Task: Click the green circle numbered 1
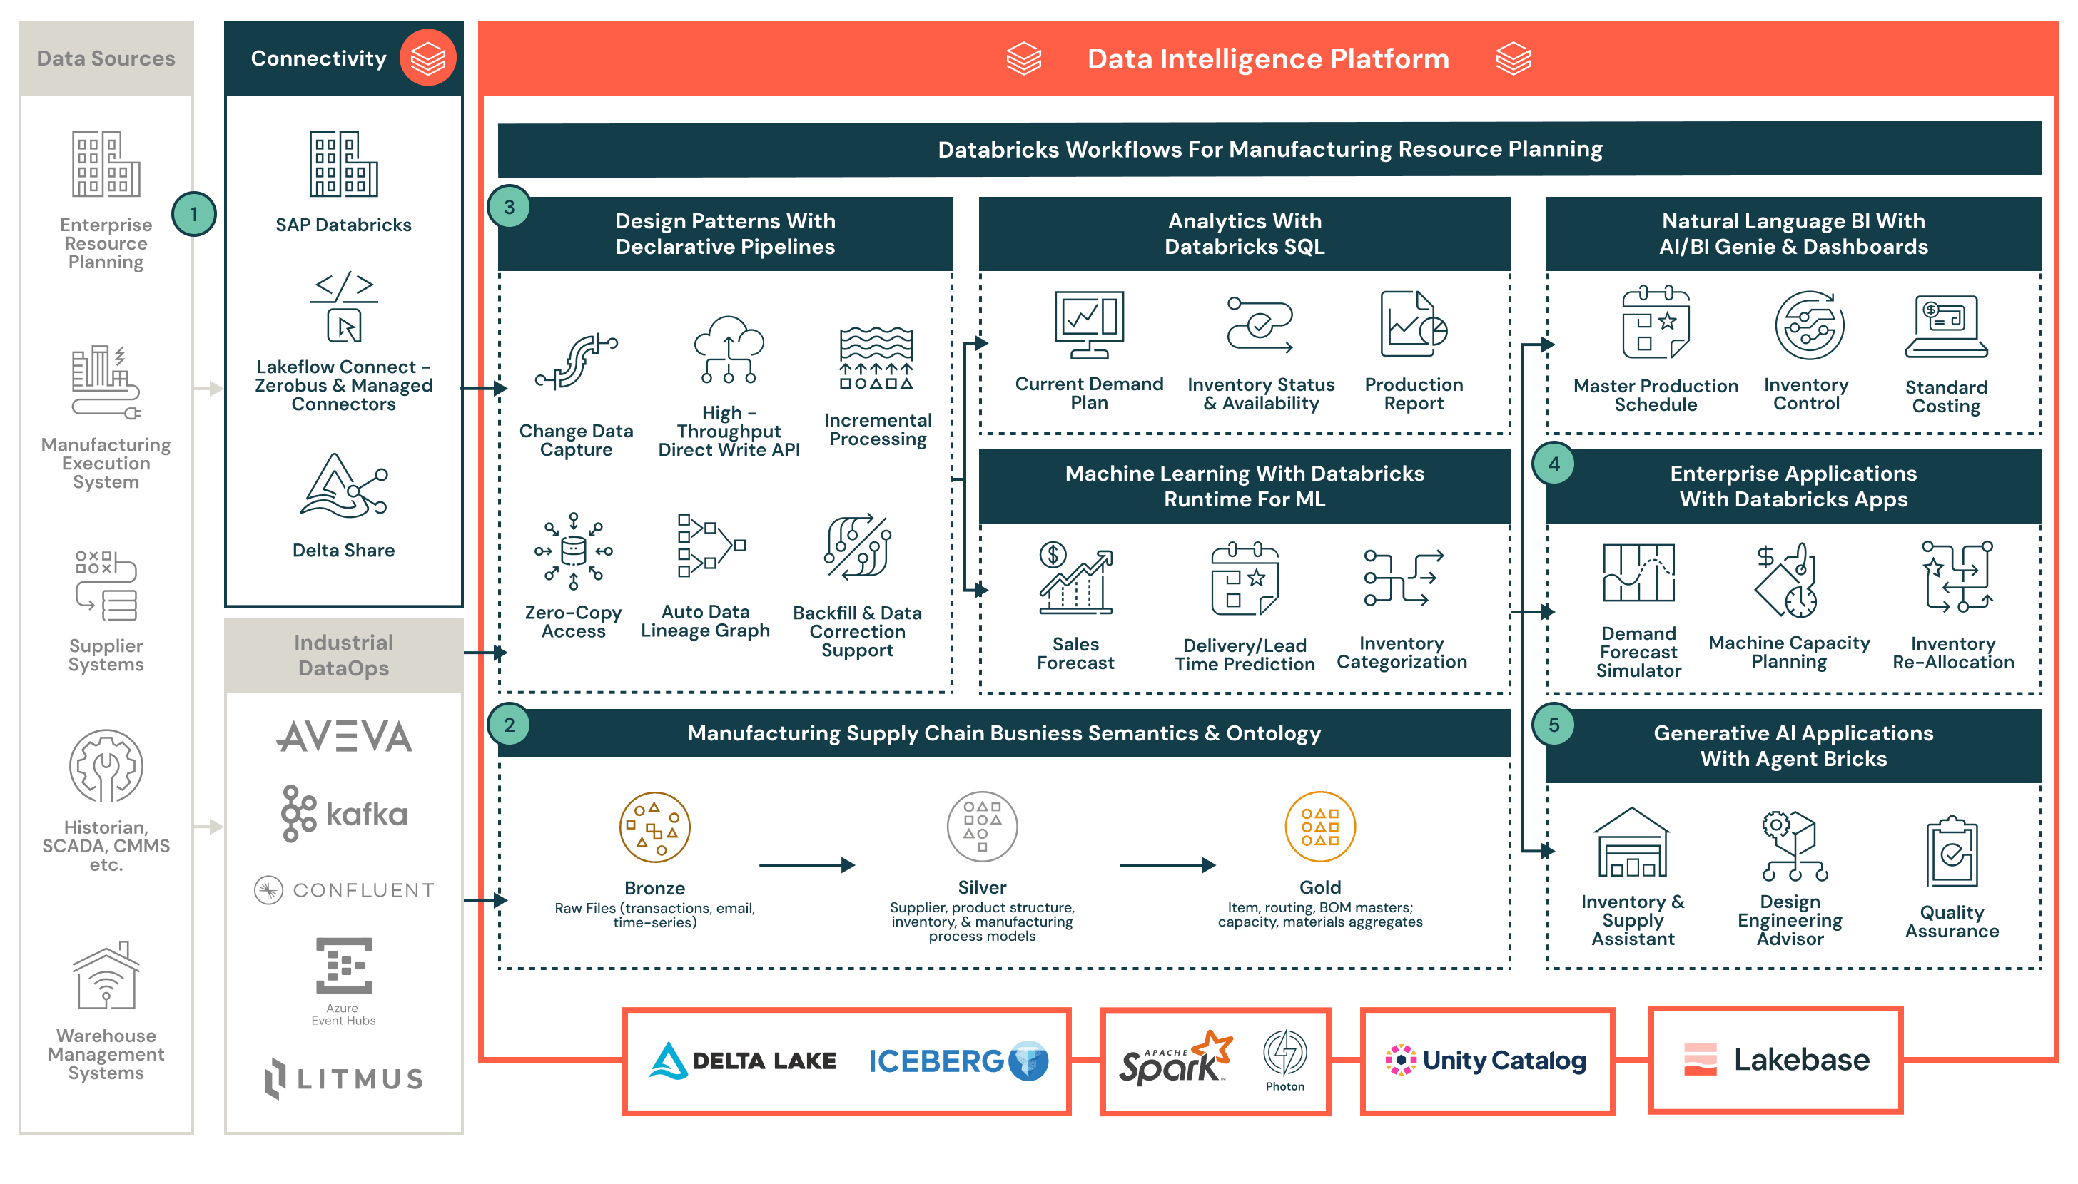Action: click(193, 214)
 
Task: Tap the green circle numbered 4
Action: click(1554, 464)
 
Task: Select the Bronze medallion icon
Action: click(654, 827)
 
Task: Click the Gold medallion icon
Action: click(1319, 827)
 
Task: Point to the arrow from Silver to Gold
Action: click(1167, 865)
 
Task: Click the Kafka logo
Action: click(344, 813)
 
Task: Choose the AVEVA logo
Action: click(344, 737)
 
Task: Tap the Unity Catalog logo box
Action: click(1486, 1061)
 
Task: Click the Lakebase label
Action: click(1800, 1060)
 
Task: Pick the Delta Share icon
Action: click(344, 486)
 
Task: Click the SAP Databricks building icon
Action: click(344, 164)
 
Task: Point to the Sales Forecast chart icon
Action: click(1075, 579)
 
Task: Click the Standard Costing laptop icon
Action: click(1945, 327)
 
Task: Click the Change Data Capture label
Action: click(576, 440)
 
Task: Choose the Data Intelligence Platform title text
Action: click(1268, 59)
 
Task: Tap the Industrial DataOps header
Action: click(343, 655)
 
